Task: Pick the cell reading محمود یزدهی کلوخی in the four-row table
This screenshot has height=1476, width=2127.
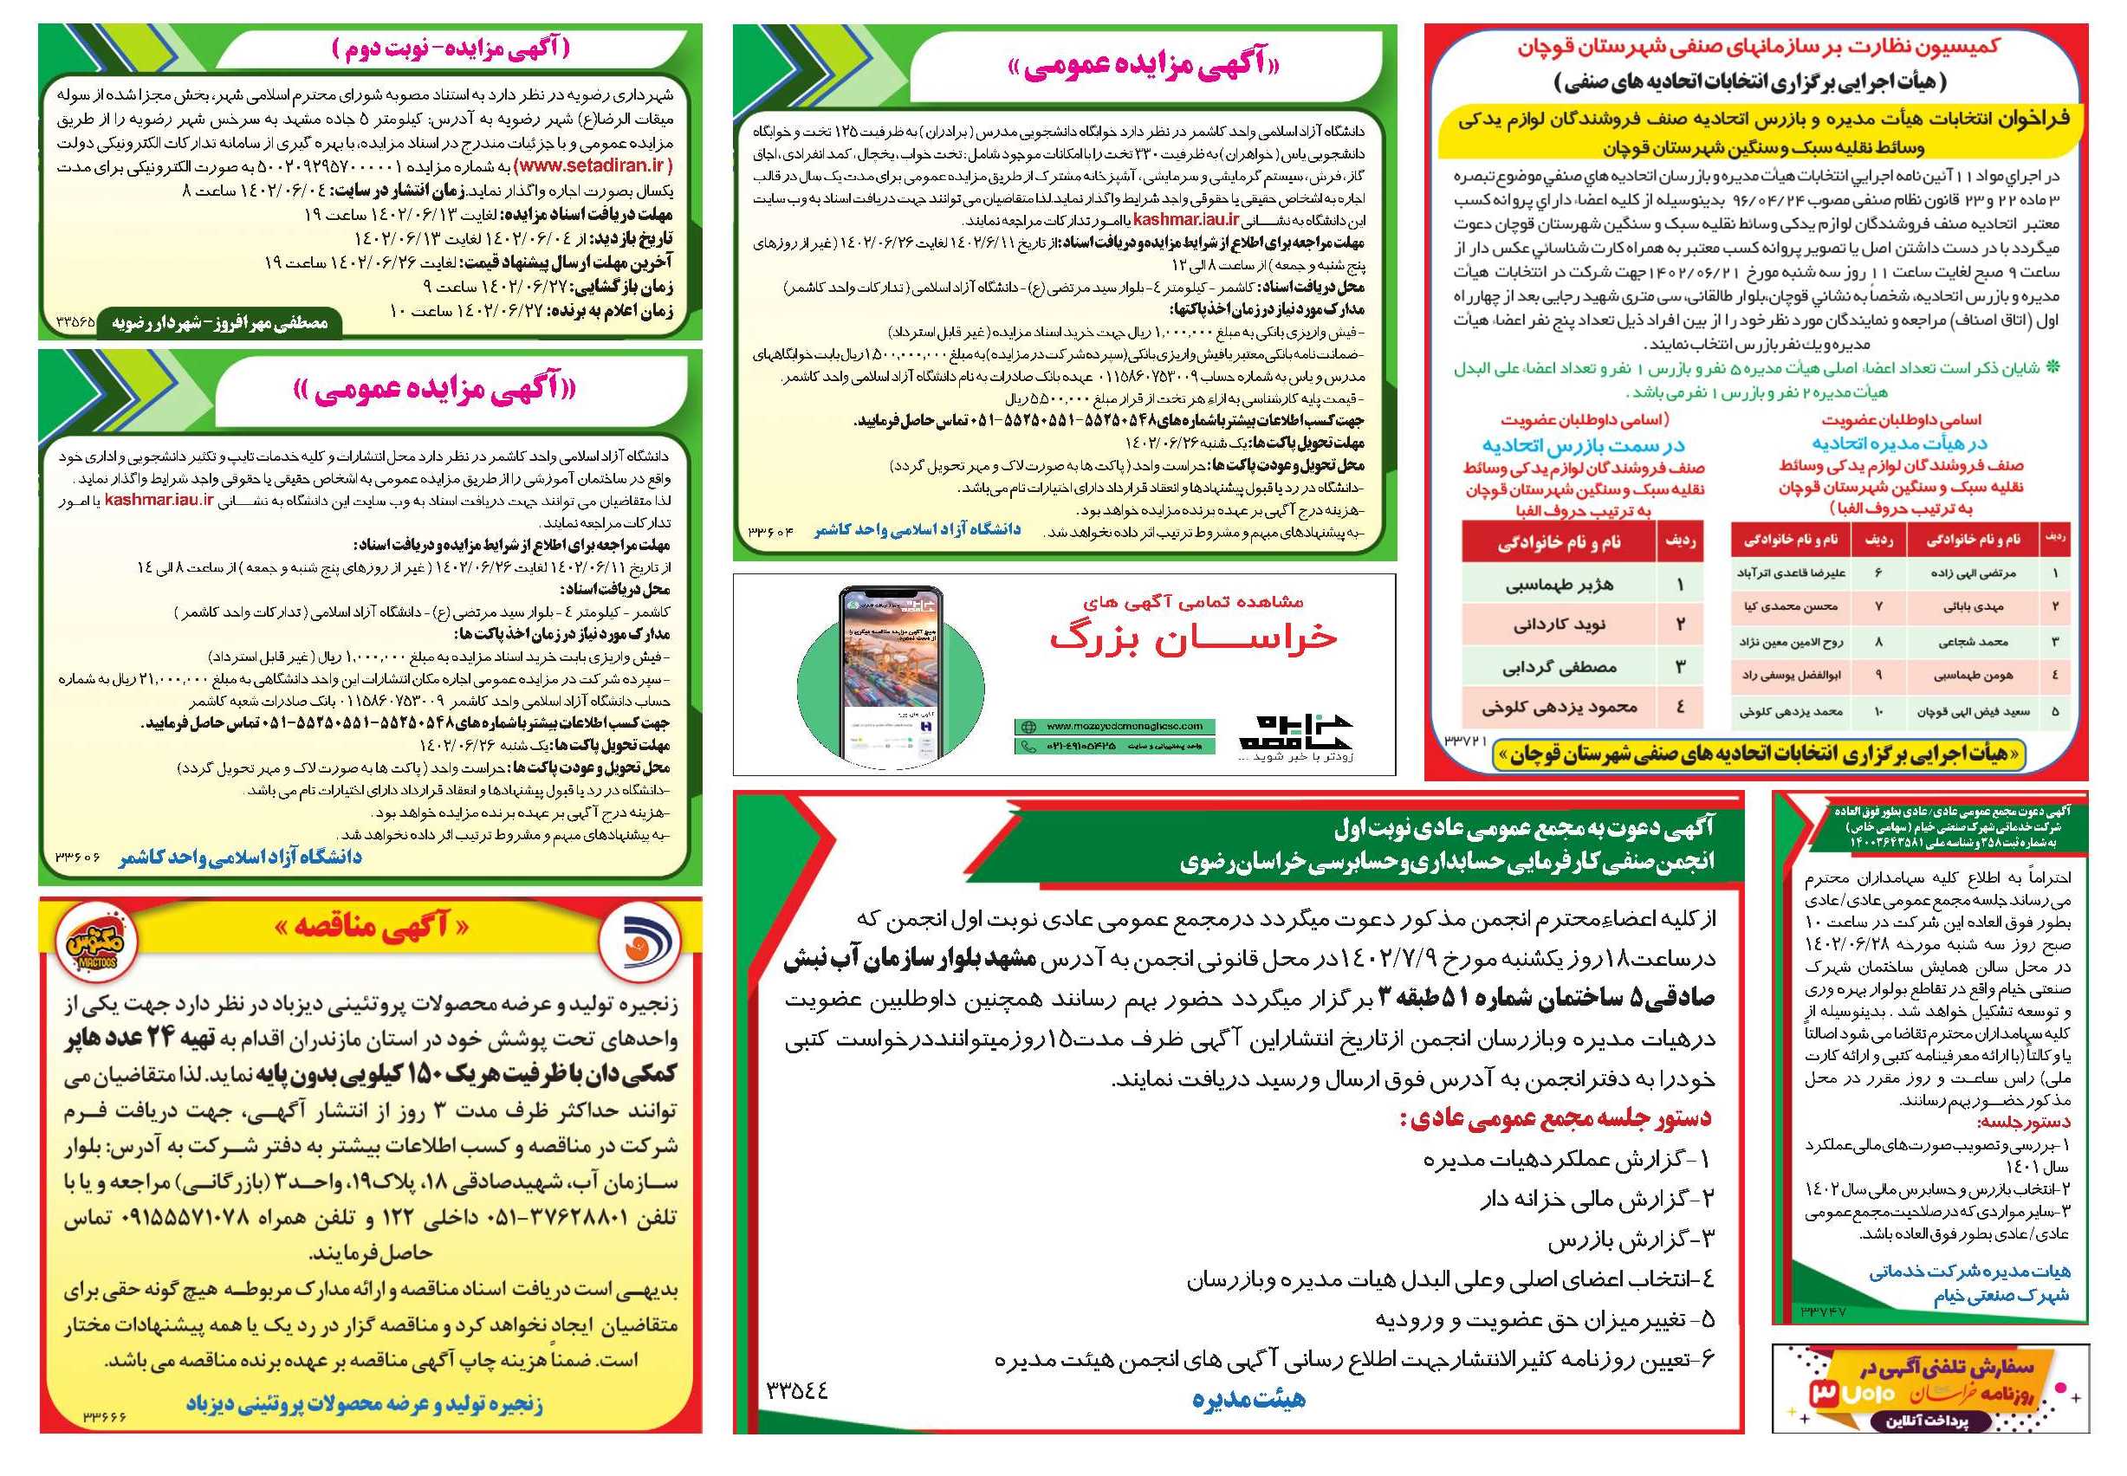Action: coord(1560,708)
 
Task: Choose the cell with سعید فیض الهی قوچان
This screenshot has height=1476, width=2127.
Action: coord(1968,712)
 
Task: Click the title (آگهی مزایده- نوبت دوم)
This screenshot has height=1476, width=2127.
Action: coord(451,50)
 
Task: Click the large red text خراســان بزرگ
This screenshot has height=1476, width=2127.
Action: coord(1193,638)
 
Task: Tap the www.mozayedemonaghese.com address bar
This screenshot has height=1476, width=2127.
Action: coord(1110,726)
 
